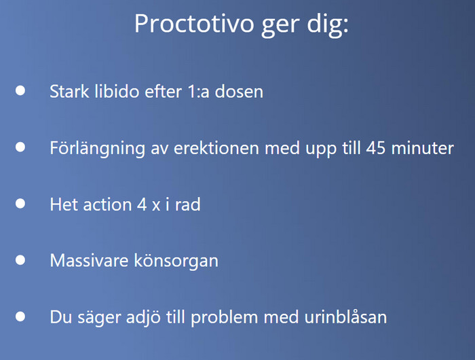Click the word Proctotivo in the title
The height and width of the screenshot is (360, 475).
click(194, 23)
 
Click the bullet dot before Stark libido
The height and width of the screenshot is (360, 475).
click(20, 91)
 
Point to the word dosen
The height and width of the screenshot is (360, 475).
click(239, 91)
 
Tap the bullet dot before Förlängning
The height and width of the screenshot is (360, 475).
click(20, 147)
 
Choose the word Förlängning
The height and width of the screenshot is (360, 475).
click(97, 148)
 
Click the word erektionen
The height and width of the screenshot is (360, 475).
click(216, 148)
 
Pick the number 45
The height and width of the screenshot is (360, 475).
click(376, 148)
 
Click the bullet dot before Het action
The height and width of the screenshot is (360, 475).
click(20, 204)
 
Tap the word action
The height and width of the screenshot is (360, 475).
click(107, 204)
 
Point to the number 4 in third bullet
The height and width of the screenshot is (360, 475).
click(142, 204)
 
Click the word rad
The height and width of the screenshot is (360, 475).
click(188, 204)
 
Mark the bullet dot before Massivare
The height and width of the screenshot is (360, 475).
click(20, 260)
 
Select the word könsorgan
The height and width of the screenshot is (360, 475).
click(176, 261)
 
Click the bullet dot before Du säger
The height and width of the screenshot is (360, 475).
click(20, 317)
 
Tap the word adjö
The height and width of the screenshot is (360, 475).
click(143, 318)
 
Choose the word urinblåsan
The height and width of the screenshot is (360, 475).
click(345, 317)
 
